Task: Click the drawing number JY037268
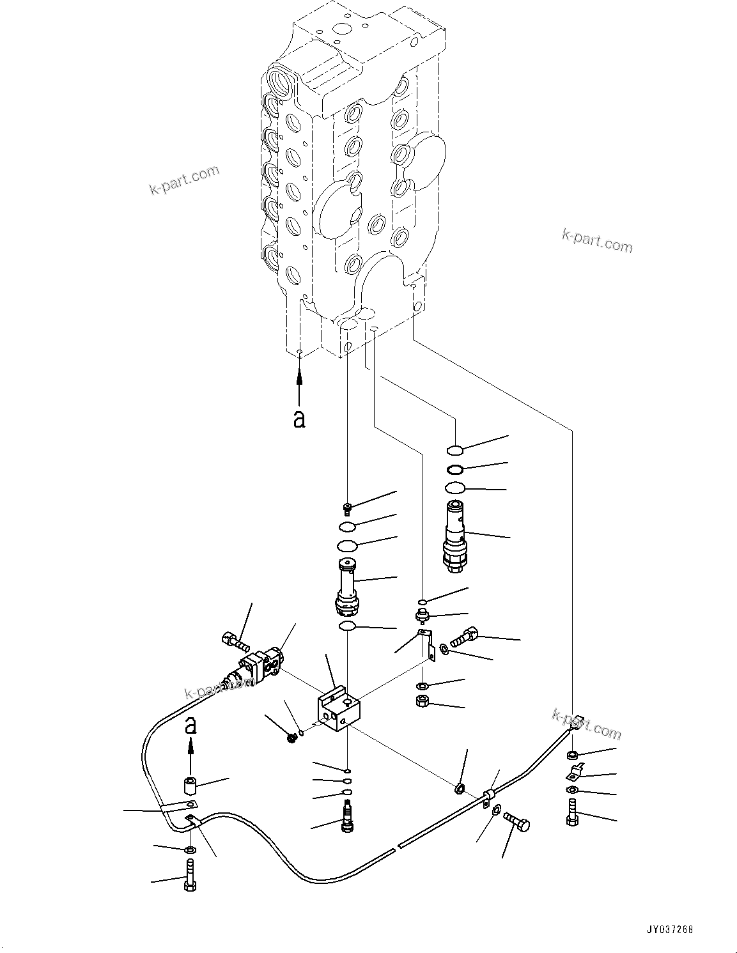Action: click(669, 930)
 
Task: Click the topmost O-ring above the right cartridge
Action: click(455, 449)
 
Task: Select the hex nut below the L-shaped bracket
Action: click(422, 701)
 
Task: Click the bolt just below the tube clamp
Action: click(516, 822)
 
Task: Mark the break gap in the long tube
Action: click(396, 848)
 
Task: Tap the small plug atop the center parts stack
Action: click(347, 508)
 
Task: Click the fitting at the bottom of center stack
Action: click(348, 818)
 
